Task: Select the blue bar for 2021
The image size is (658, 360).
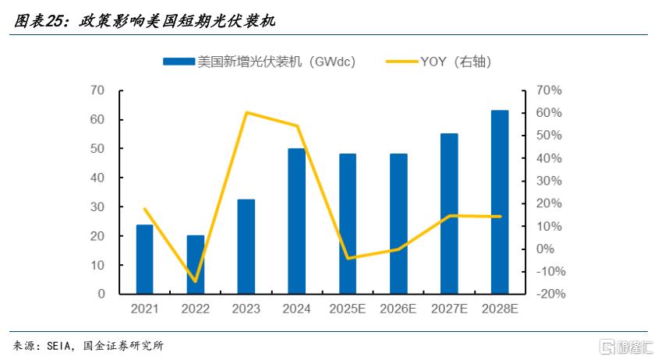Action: coord(145,259)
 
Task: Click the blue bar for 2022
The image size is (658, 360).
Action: coord(196,264)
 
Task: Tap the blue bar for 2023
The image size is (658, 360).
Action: coord(246,246)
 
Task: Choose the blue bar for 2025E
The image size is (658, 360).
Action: coord(347,224)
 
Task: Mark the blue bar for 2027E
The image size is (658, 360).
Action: coord(449,214)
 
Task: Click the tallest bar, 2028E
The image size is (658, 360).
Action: coord(500,202)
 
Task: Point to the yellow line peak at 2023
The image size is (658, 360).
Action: coord(246,112)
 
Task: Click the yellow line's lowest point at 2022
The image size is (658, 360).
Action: coord(196,281)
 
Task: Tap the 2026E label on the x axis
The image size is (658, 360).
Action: coord(398,309)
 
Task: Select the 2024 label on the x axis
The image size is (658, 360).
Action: coord(297,309)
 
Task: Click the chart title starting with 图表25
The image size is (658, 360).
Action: coord(143,22)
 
